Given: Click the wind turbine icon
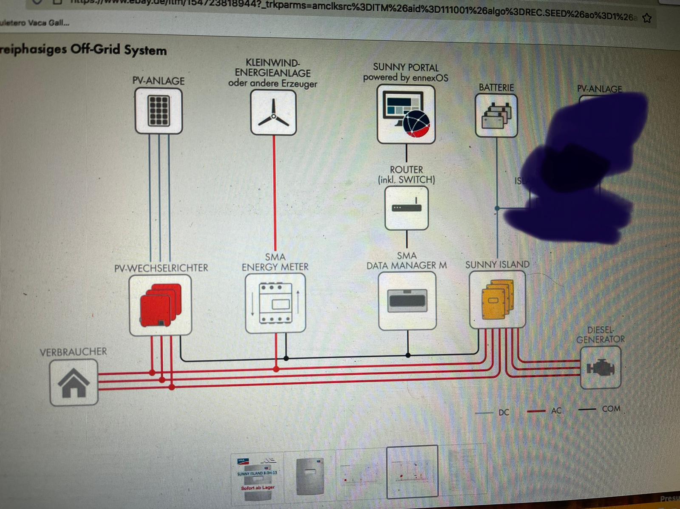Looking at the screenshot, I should [x=273, y=113].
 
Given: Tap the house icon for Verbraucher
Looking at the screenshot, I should [x=74, y=382].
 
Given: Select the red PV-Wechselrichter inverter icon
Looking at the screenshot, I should [x=160, y=305].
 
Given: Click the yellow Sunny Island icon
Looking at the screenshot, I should [x=497, y=300].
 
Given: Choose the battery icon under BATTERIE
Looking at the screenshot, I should [x=496, y=116].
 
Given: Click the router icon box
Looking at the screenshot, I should [x=406, y=208].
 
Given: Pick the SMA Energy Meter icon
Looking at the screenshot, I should [x=275, y=303].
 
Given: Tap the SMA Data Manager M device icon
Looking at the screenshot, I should [x=407, y=300].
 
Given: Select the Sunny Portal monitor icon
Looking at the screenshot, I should [x=406, y=114].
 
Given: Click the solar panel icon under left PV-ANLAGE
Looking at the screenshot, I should [x=159, y=111].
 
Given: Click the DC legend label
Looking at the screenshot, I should [x=504, y=412].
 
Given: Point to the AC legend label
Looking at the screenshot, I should [x=556, y=411].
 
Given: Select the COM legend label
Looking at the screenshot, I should [x=611, y=409].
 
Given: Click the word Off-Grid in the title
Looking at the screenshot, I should [x=95, y=49].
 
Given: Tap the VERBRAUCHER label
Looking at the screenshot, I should [x=73, y=352].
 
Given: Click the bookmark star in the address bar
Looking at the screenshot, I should [x=647, y=18].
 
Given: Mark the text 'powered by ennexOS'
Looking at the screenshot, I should [x=405, y=78].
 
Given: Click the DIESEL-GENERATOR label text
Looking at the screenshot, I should [x=600, y=335].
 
